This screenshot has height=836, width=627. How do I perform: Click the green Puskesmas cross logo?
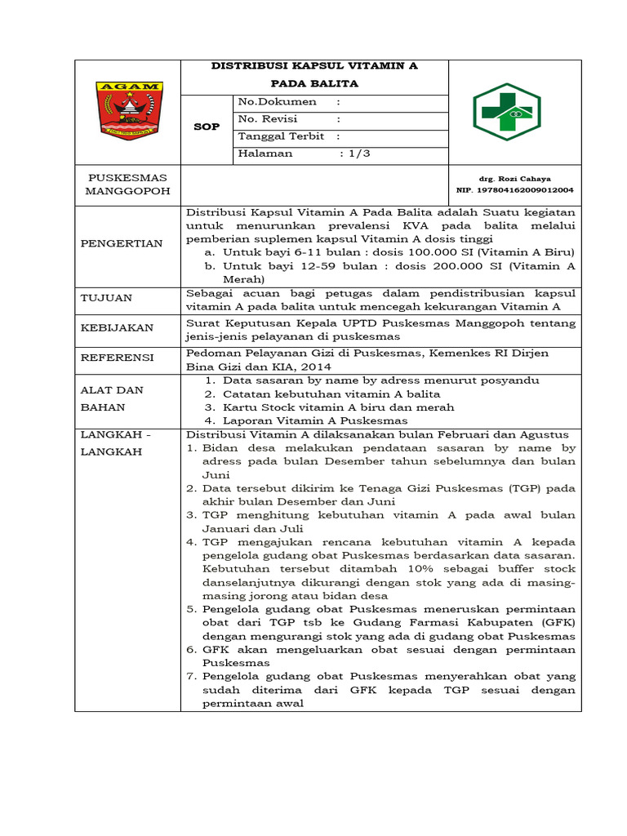coord(506,112)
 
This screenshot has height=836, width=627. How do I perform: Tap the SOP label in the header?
coord(207,127)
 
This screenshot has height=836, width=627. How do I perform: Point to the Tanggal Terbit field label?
coord(280,136)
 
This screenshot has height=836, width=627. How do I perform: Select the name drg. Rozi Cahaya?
coord(514,178)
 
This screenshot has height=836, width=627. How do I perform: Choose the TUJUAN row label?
coord(106,299)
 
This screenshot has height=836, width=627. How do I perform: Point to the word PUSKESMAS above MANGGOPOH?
coord(127,177)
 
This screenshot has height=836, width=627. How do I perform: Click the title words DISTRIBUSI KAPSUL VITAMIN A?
coord(314,66)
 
